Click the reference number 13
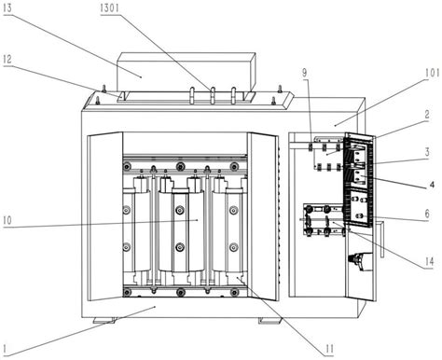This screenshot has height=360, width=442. coord(7,8)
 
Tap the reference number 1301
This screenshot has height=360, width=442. coord(109,8)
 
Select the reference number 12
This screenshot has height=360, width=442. coord(7,59)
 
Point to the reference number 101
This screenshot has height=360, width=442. coord(432,74)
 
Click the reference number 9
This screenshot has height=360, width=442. coord(305,73)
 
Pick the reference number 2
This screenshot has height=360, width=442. coord(427,115)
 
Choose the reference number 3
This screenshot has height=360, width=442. coord(427,152)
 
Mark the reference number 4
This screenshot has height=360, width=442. coord(432,185)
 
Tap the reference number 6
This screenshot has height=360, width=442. coord(427,214)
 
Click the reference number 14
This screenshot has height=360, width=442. coord(429,262)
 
